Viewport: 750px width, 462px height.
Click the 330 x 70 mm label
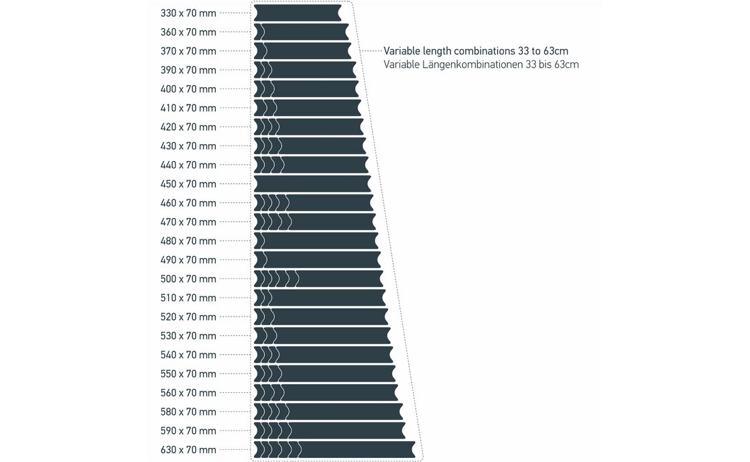coord(188,13)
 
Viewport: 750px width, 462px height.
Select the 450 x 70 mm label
coord(188,184)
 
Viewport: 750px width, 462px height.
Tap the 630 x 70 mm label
coord(188,450)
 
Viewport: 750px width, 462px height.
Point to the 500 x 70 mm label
coord(188,279)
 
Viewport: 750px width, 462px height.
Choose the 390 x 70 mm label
coord(188,70)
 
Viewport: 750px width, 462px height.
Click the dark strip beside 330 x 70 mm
coord(298,13)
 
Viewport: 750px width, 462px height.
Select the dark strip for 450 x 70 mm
coord(312,184)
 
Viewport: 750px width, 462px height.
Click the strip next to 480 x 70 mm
coord(316,241)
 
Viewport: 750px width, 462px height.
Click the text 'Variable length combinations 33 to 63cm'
coord(481,51)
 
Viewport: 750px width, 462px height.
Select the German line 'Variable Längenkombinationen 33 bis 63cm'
coord(481,65)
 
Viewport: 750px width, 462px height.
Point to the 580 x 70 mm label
coord(188,412)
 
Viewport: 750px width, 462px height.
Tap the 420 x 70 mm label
coord(188,127)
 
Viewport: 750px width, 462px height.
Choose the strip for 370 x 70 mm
coord(302,51)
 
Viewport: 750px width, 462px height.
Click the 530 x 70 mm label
coord(188,336)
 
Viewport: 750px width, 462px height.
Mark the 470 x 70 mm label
coord(188,222)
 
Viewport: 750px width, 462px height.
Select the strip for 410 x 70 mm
coord(308,108)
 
